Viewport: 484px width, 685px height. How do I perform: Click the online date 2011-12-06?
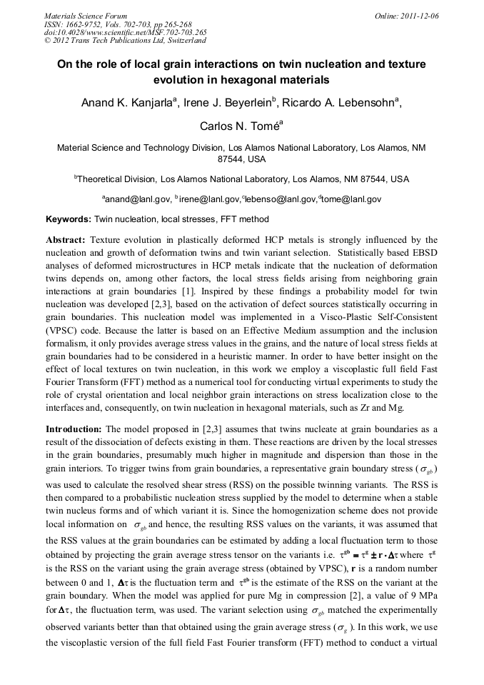pyautogui.click(x=421, y=15)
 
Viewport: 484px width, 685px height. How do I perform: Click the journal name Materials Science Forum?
pyautogui.click(x=86, y=15)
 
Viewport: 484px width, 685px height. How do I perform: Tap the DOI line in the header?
pyautogui.click(x=126, y=32)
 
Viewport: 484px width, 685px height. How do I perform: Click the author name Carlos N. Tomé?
pyautogui.click(x=241, y=126)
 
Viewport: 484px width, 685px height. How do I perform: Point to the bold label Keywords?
pyautogui.click(x=69, y=219)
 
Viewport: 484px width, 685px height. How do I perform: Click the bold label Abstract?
pyautogui.click(x=67, y=240)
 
